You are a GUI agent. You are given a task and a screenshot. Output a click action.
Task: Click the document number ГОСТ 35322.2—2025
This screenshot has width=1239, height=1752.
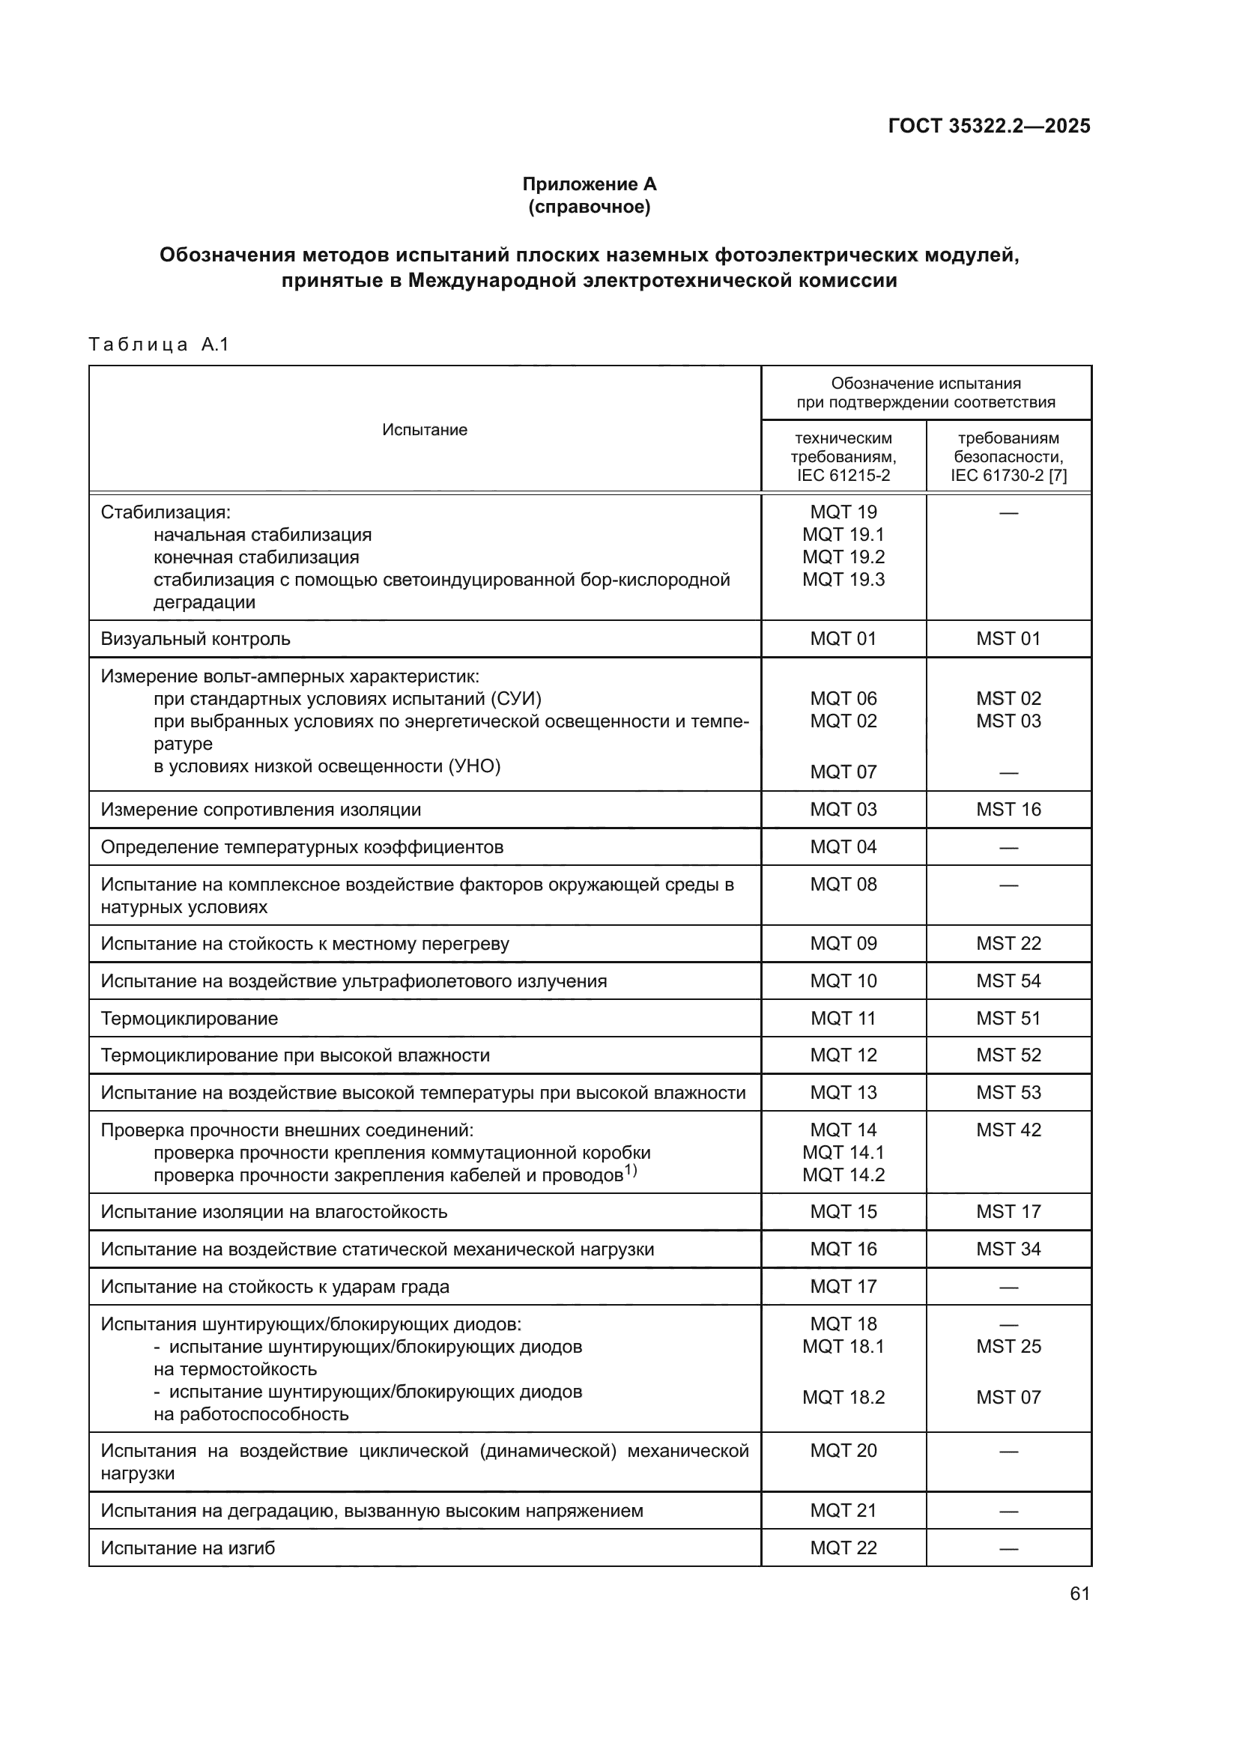click(x=989, y=126)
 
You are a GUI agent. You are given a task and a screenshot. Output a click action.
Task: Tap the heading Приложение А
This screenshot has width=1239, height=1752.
click(x=589, y=184)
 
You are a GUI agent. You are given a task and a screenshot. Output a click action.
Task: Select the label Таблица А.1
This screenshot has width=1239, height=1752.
click(x=159, y=344)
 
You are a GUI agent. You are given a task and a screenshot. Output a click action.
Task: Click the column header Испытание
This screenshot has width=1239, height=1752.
click(x=424, y=430)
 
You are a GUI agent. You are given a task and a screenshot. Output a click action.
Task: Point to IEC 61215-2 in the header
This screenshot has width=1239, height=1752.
click(x=843, y=476)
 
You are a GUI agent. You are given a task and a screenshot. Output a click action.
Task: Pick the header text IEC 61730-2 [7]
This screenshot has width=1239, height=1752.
click(x=1008, y=476)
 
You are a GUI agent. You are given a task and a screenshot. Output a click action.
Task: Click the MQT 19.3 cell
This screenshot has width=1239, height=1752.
click(x=843, y=579)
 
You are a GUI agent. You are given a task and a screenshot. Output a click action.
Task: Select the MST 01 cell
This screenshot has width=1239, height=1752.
click(x=1008, y=639)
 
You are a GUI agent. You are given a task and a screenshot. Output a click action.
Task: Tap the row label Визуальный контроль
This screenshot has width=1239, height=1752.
click(x=196, y=639)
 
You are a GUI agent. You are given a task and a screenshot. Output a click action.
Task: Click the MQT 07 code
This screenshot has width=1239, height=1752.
click(x=843, y=772)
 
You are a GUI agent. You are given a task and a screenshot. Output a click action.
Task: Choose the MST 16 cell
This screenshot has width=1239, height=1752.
click(x=1008, y=810)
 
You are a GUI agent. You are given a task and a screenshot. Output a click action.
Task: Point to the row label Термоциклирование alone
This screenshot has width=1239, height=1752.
click(x=190, y=1019)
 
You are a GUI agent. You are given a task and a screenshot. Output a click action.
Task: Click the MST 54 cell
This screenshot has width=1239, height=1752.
click(x=1008, y=981)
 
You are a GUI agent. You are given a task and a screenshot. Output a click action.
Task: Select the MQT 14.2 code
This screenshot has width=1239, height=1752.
click(x=843, y=1175)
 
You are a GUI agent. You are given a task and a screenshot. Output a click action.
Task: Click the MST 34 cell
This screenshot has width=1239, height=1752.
click(x=1008, y=1250)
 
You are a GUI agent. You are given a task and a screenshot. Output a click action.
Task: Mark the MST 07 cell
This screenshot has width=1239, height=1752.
click(x=1008, y=1397)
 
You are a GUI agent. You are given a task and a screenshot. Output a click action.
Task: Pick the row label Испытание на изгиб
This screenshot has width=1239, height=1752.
click(x=188, y=1548)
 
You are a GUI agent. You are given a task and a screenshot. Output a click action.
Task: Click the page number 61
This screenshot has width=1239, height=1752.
click(x=1079, y=1594)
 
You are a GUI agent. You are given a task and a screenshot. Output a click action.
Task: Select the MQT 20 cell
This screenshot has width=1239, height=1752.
click(x=843, y=1451)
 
